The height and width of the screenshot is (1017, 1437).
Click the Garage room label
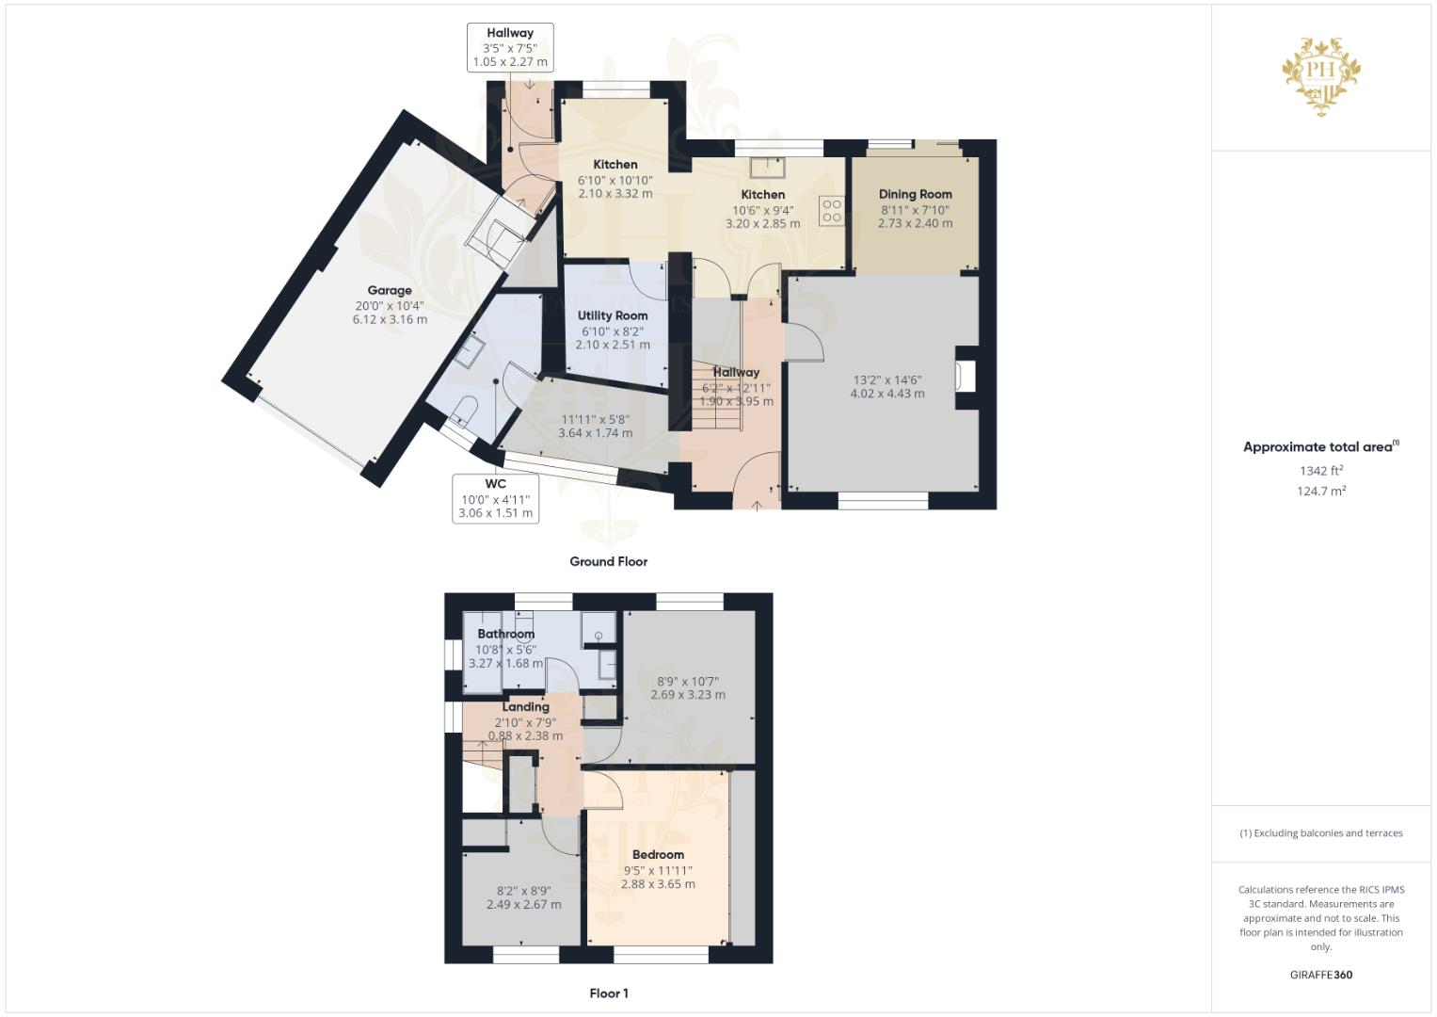pos(390,291)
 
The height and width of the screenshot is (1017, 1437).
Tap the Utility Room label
pos(613,315)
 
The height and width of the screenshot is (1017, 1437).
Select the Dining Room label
pos(915,194)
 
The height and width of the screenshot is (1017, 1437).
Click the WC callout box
pos(496,498)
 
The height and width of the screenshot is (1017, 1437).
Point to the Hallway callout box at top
pos(510,47)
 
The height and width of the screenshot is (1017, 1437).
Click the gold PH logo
pos(1322,75)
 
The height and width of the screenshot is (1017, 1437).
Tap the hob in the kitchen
pos(831,210)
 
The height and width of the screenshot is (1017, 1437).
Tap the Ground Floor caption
pos(609,561)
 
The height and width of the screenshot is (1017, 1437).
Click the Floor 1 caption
pos(609,993)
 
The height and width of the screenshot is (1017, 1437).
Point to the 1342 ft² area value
pos(1321,471)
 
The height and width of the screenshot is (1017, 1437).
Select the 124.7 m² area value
pos(1321,491)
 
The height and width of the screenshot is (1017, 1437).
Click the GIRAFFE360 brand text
pos(1321,975)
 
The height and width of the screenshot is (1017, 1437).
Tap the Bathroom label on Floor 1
pos(505,634)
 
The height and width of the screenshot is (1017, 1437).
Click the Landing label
pos(525,706)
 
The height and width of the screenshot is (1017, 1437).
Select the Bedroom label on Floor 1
pos(658,855)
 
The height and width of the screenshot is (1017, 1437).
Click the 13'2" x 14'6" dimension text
pos(887,379)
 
